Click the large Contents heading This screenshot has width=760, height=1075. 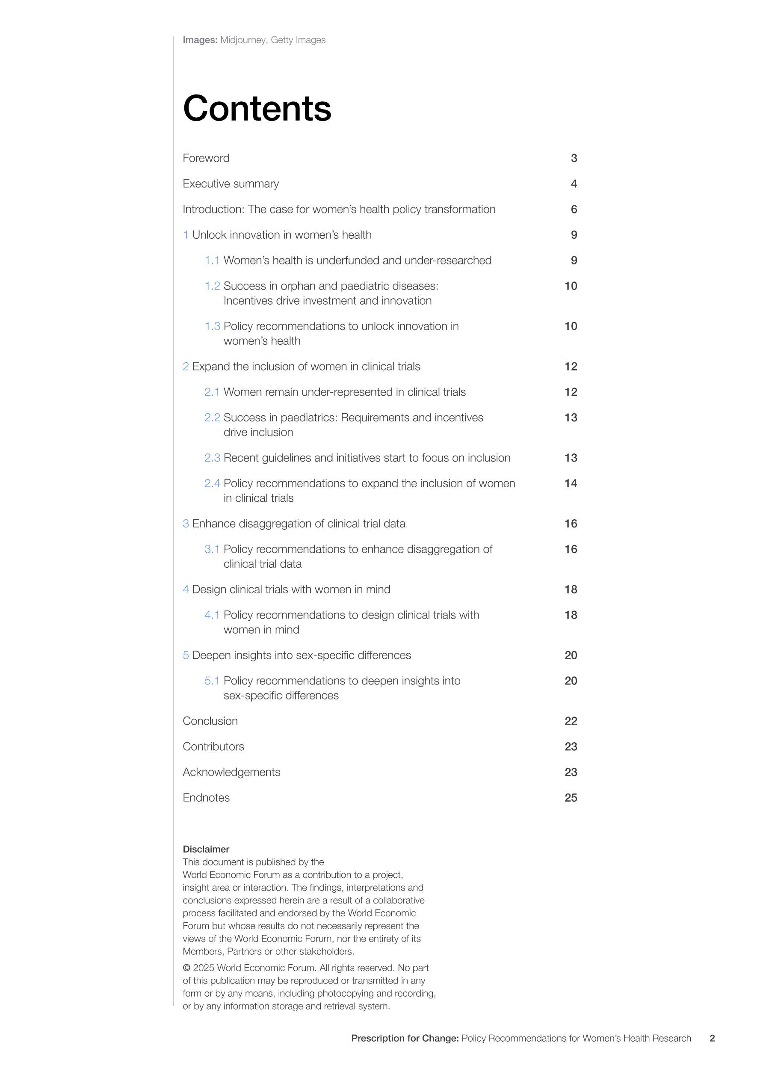click(x=257, y=108)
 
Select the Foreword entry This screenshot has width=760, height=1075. click(x=206, y=158)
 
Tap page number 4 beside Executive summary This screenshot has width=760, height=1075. click(x=574, y=184)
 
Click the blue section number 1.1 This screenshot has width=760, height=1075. click(x=212, y=261)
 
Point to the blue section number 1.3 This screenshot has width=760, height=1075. click(x=212, y=326)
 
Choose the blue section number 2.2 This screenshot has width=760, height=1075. click(x=212, y=418)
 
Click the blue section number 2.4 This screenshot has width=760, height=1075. click(x=212, y=484)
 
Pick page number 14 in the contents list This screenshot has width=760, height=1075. click(x=571, y=484)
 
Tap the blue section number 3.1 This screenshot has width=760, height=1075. click(x=212, y=549)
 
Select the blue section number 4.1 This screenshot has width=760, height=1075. click(x=212, y=615)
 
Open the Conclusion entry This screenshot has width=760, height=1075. click(x=210, y=721)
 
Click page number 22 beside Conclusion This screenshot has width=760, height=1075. click(x=571, y=721)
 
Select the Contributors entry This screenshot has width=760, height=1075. click(x=213, y=747)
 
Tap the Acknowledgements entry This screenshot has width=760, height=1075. click(x=231, y=772)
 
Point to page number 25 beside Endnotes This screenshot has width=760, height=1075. click(x=571, y=798)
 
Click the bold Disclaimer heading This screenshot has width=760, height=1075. click(x=206, y=849)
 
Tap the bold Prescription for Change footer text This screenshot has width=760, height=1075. click(x=405, y=1039)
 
